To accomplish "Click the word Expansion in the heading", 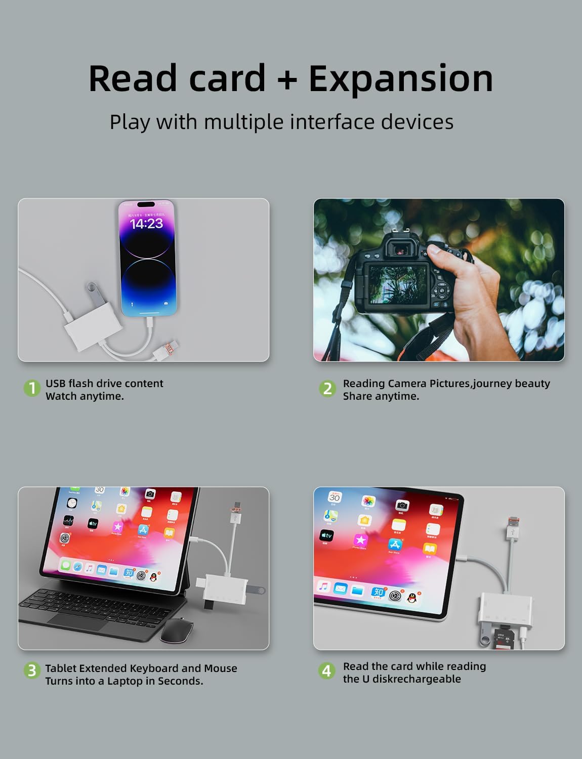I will coord(400,78).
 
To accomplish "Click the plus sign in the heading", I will coord(287,79).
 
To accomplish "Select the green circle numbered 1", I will coord(32,388).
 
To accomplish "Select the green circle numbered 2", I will coord(327,388).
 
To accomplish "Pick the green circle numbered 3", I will coord(32,670).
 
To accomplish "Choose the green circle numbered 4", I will coord(326,670).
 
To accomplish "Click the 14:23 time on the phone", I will coord(146,224).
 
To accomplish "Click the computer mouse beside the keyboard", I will coord(176,631).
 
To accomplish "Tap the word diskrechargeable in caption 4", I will coord(417,679).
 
